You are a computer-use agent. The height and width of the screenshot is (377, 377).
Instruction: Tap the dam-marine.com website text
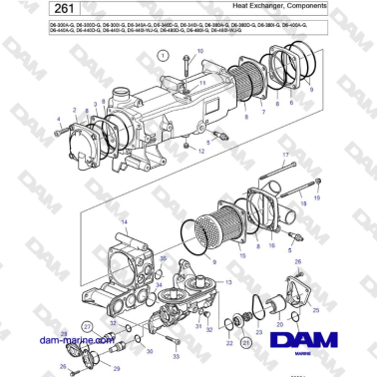[56, 338]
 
